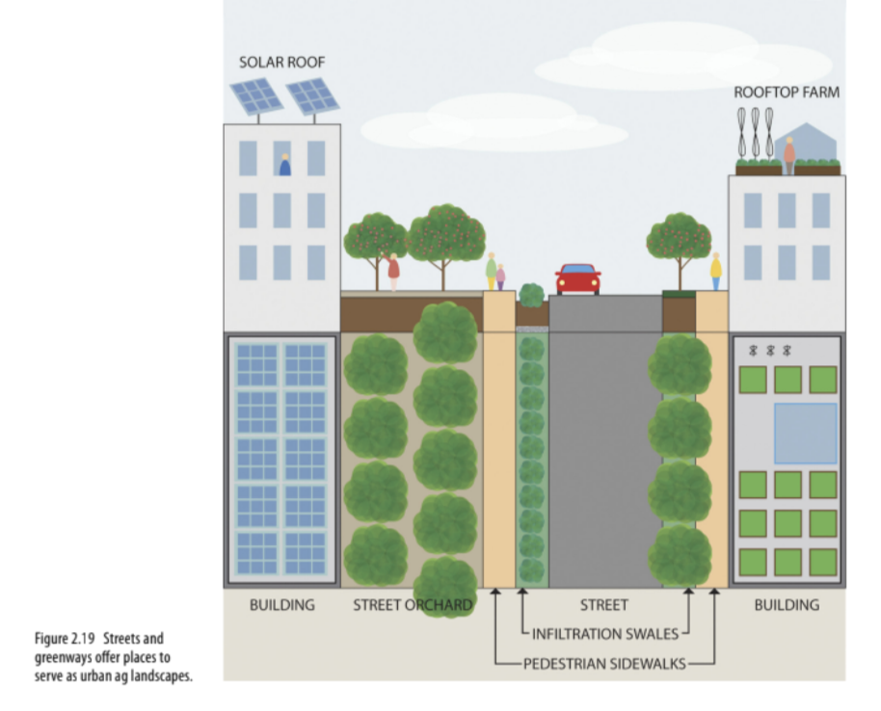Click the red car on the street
click(577, 279)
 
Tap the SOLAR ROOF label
click(282, 63)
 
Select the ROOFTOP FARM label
click(787, 92)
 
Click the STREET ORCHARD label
click(413, 605)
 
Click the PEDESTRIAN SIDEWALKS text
click(605, 663)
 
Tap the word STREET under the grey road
click(604, 605)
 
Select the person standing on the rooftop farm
click(789, 154)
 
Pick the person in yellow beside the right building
click(715, 271)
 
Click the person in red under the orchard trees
click(393, 272)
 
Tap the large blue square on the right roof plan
click(805, 434)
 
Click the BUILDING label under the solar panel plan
click(281, 605)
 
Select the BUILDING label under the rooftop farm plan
click(787, 605)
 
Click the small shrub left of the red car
click(531, 295)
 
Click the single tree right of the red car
click(679, 244)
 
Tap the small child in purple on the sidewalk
click(501, 276)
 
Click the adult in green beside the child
click(491, 270)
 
